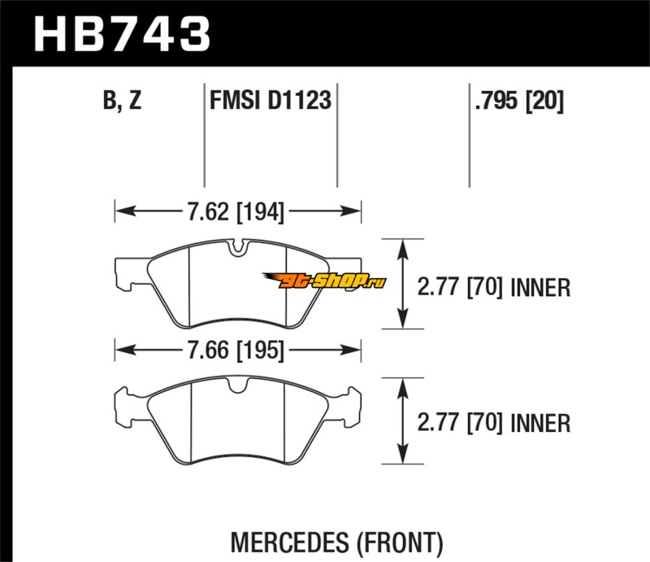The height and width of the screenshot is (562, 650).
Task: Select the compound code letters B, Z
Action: [123, 102]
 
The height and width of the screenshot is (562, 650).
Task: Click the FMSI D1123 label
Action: [270, 102]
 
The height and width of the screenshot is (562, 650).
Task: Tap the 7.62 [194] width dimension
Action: [236, 213]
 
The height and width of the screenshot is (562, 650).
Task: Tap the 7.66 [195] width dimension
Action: [236, 351]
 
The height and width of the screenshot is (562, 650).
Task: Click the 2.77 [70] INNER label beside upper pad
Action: [492, 286]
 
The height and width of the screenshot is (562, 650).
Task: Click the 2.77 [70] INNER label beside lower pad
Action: [492, 423]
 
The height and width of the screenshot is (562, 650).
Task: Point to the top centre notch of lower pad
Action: [236, 388]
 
